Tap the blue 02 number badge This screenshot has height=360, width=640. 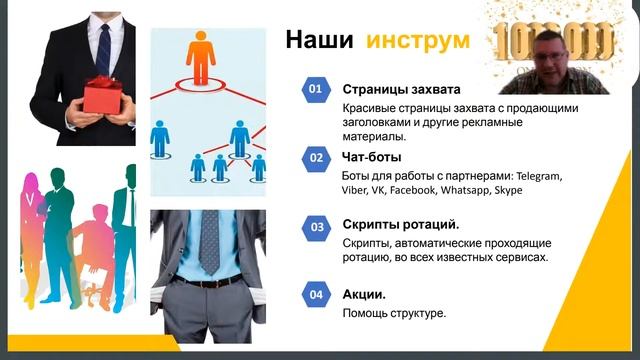pyautogui.click(x=315, y=157)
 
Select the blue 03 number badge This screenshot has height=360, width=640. pyautogui.click(x=315, y=227)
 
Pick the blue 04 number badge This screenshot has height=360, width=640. pyautogui.click(x=315, y=295)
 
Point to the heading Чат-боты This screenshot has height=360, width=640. pyautogui.click(x=372, y=156)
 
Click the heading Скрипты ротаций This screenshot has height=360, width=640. pyautogui.click(x=401, y=225)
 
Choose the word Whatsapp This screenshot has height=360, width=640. pyautogui.click(x=460, y=189)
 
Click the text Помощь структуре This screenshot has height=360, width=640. pyautogui.click(x=394, y=313)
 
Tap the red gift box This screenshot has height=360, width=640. pyautogui.click(x=101, y=94)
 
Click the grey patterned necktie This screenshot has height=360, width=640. pyautogui.click(x=209, y=240)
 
